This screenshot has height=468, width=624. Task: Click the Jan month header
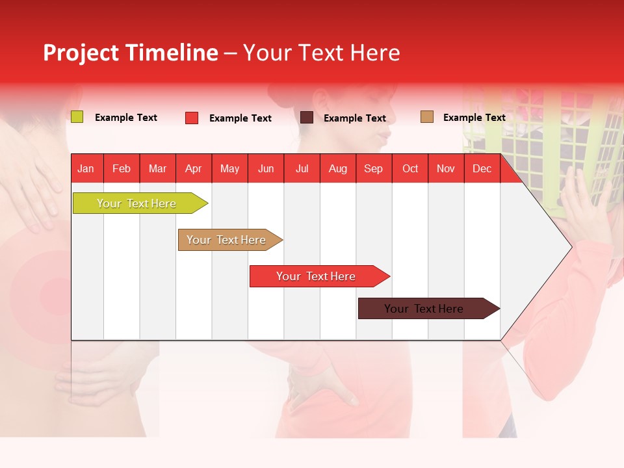coord(86,169)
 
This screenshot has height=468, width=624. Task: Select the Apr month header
coord(193,169)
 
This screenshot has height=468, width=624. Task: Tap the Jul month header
coord(302,169)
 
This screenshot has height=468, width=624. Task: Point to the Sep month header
coord(373,169)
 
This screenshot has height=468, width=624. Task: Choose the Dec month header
coord(482,169)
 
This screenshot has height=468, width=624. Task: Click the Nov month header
coord(445,169)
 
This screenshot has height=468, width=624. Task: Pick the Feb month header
coord(122,169)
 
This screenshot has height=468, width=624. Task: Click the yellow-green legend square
coord(77,117)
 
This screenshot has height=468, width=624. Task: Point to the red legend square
coord(192,118)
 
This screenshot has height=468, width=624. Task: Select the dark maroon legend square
coord(307,118)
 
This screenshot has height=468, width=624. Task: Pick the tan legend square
coord(427,117)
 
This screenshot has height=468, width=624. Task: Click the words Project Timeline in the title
coord(130,53)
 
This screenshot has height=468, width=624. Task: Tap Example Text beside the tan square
coord(474,118)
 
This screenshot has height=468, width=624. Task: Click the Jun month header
coord(266,169)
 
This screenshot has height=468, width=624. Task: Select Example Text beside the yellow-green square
coord(125,118)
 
